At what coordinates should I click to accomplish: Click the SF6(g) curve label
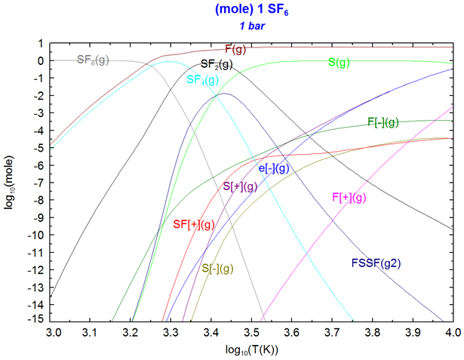(93, 60)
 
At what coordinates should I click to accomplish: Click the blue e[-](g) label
(274, 169)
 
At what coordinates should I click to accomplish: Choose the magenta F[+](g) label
(349, 198)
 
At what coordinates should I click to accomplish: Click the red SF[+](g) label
(195, 224)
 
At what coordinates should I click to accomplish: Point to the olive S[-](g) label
(218, 268)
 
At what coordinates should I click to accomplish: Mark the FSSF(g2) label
(376, 263)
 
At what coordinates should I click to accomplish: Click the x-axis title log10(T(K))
(252, 349)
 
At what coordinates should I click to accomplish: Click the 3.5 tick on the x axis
(252, 331)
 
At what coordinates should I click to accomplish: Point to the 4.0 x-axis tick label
(451, 331)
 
